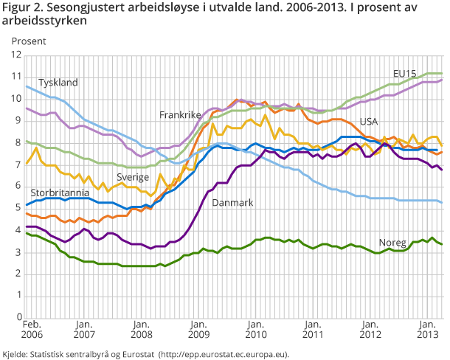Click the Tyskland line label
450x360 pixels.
(x=58, y=83)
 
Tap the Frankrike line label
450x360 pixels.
(x=179, y=115)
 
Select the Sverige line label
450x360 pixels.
(x=134, y=177)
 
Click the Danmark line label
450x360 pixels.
(x=232, y=202)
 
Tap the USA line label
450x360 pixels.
(x=370, y=122)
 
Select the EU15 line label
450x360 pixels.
(x=404, y=74)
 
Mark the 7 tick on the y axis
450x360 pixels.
(x=18, y=165)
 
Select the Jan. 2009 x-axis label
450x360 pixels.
(x=198, y=329)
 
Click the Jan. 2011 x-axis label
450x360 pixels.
(x=312, y=329)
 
